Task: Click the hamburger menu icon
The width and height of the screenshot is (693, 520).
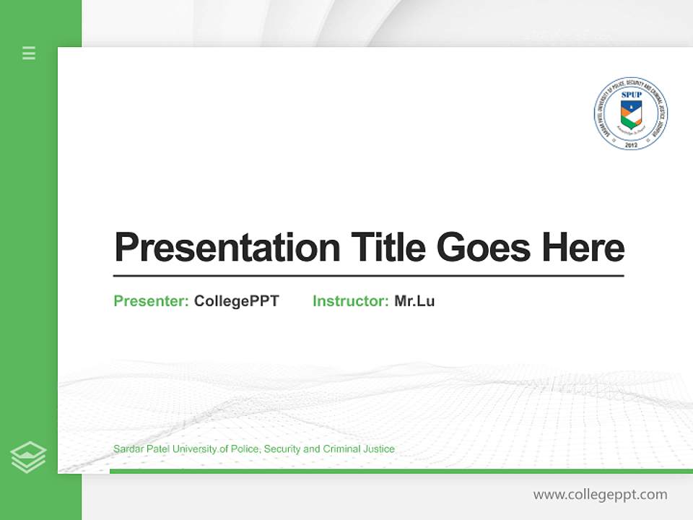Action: click(x=29, y=53)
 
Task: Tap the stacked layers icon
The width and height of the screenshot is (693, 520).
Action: click(x=28, y=457)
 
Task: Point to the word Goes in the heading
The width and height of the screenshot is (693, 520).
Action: click(x=484, y=248)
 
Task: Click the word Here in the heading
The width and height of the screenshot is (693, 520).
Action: click(x=583, y=248)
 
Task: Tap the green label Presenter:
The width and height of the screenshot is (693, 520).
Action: click(x=151, y=301)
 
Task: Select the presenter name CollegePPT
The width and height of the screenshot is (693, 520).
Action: click(x=236, y=301)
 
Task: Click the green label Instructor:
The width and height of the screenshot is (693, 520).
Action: click(x=350, y=301)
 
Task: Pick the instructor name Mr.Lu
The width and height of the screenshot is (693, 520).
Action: click(x=414, y=301)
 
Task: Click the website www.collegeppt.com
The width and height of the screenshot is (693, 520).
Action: click(x=600, y=495)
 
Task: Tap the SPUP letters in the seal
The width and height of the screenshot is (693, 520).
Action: click(x=631, y=95)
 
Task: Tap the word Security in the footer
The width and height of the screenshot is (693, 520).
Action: click(x=282, y=449)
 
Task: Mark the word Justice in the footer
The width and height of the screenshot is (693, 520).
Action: click(x=380, y=449)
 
